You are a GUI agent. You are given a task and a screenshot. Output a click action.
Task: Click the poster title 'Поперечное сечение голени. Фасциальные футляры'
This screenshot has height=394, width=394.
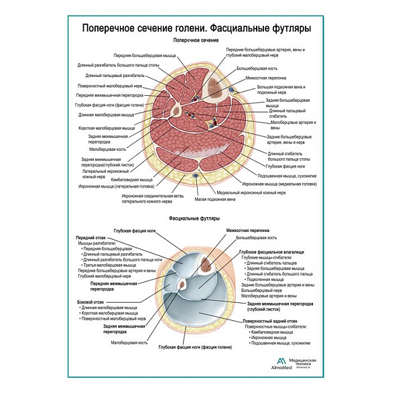point(196,29)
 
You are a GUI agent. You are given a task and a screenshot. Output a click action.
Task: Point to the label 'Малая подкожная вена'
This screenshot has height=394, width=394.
point(215,199)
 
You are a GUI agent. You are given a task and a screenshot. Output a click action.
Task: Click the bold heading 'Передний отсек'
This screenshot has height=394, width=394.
point(91,237)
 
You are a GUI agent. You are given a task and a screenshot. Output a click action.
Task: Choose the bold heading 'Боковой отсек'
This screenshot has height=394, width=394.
point(90,302)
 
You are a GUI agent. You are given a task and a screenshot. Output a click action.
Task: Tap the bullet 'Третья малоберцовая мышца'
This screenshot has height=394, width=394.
point(112,265)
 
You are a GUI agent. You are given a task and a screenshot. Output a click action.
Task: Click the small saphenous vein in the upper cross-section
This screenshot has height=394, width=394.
point(196,176)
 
